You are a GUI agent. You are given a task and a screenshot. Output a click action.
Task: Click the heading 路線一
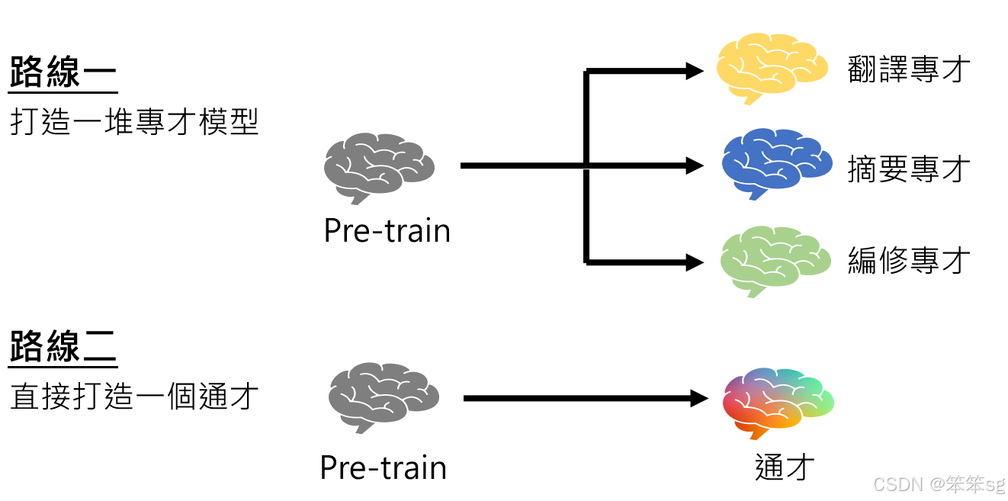pos(63,73)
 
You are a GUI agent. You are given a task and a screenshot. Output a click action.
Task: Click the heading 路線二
pos(63,347)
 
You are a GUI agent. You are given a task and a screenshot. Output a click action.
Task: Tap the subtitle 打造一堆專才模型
pos(135,122)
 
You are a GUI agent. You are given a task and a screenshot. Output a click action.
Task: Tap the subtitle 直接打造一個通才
pos(135,397)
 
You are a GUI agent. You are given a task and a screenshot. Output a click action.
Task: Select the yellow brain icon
pos(771,67)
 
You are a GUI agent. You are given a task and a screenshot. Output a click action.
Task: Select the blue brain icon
pos(775,163)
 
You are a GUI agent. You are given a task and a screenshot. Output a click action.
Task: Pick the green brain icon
pos(775,260)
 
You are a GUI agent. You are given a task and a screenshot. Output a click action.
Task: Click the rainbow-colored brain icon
pos(777,402)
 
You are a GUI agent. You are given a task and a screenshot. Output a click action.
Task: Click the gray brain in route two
pos(383,397)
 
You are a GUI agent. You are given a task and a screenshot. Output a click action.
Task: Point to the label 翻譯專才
pos(909,69)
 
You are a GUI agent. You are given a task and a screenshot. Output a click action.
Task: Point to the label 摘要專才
pos(909,169)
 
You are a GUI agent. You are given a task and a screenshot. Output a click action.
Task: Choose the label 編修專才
pos(909,261)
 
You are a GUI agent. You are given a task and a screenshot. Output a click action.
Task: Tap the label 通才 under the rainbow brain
pos(785,467)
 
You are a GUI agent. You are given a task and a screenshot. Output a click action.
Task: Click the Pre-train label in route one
pos(387,230)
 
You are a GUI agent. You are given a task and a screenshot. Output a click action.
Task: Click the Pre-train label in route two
pos(383,467)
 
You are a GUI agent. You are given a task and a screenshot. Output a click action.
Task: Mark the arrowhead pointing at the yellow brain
pos(695,72)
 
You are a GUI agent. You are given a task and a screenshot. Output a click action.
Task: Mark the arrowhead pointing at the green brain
pos(695,262)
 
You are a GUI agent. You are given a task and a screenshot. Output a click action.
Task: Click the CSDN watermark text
pos(939,483)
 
